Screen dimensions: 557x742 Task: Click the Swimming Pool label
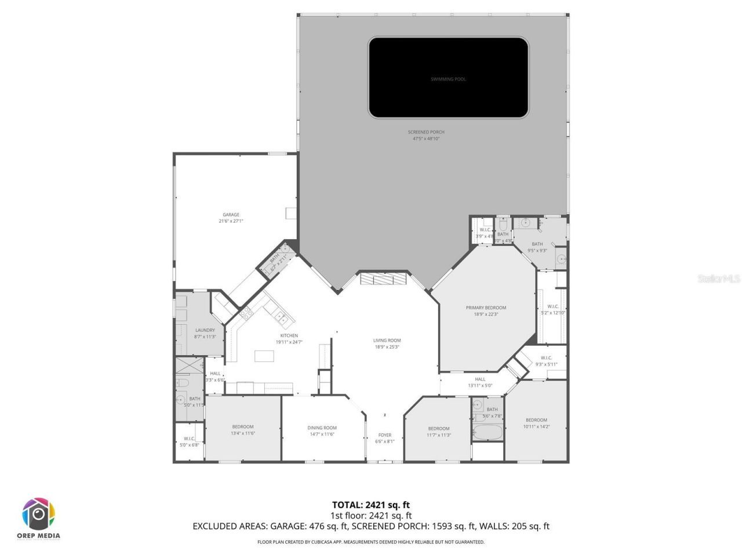coord(448,79)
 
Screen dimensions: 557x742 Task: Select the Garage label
coord(231,215)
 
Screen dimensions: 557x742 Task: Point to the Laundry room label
coord(205,330)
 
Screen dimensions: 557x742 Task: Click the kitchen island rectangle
coord(264,356)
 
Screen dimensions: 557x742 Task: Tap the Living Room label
coord(387,341)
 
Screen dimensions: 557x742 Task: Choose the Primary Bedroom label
coord(486,308)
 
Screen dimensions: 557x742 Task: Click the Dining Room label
coord(322,428)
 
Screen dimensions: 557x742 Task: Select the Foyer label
coord(385,435)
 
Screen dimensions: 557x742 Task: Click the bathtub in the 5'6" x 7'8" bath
coord(488,432)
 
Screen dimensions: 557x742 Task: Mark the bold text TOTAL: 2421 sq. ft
coord(371,505)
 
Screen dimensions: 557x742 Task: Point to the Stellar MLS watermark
coord(719,279)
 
